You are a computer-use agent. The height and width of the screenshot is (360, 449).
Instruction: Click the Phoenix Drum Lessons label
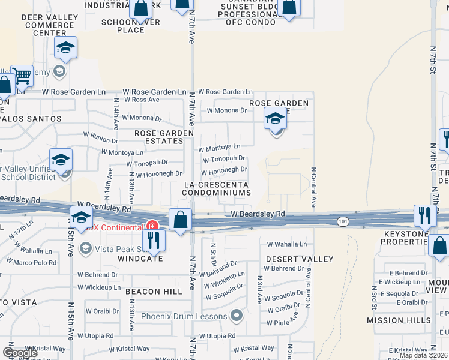coord(184,316)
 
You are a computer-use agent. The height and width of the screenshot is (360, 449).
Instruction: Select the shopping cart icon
coord(22,76)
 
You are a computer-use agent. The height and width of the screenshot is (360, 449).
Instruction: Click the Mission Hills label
coord(399,320)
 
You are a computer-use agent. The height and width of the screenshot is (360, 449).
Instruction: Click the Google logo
coord(20,353)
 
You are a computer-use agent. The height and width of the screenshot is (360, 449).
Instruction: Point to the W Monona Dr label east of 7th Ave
coord(227,110)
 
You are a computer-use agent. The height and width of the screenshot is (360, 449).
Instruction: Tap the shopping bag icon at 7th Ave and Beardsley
coord(180,220)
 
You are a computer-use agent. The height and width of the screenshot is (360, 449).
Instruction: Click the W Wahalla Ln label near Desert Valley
coord(287,244)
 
